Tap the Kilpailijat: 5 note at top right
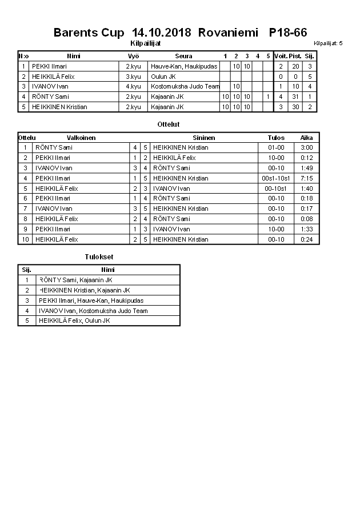coord(328,43)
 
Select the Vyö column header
coord(133,56)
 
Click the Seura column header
coord(183,56)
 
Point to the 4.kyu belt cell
coord(133,86)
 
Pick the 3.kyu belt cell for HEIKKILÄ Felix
coord(133,77)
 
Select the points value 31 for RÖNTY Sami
coord(295,97)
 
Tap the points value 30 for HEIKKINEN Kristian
coord(295,107)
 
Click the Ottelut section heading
coord(168,124)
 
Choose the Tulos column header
coord(276,138)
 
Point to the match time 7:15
coord(306,178)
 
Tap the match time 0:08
coord(306,219)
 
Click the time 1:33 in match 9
coord(306,229)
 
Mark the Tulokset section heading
coord(99,257)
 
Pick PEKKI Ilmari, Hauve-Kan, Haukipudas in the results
coord(91,300)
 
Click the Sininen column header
coord(204,138)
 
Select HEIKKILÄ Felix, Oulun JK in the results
coord(74,320)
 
